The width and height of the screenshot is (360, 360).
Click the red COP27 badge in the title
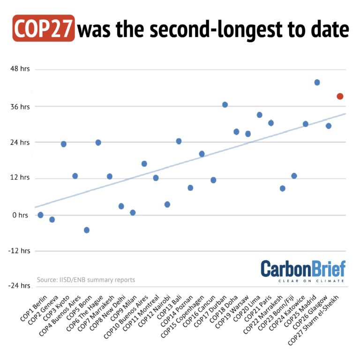click(44, 29)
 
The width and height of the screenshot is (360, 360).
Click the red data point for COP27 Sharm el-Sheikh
click(340, 96)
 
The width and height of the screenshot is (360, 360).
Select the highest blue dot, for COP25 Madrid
click(317, 82)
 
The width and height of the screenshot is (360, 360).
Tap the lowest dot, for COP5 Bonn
click(87, 230)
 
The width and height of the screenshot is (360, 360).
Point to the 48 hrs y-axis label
click(20, 69)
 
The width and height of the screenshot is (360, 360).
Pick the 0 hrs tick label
click(21, 215)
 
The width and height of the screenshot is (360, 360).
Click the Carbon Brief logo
click(302, 271)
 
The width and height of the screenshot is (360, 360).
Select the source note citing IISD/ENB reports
click(86, 280)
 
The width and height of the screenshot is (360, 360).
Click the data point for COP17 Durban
click(225, 105)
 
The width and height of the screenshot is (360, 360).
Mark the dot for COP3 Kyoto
click(64, 144)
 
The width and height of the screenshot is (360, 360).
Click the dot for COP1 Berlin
click(41, 215)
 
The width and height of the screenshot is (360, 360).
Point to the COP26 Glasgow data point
click(329, 126)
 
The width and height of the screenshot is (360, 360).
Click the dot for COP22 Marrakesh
click(283, 188)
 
